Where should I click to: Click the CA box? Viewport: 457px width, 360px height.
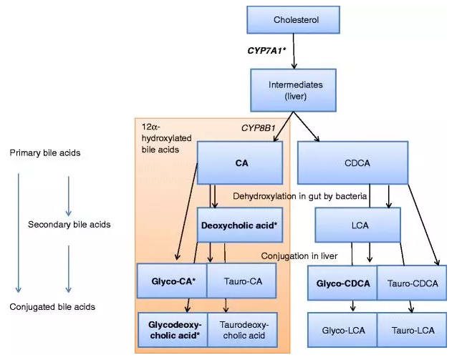tap(241, 162)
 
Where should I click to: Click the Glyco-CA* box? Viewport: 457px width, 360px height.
tap(172, 281)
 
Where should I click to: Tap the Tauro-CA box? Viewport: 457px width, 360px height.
tap(241, 281)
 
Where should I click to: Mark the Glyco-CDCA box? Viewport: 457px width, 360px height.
tap(342, 283)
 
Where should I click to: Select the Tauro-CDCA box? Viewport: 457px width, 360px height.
tap(410, 283)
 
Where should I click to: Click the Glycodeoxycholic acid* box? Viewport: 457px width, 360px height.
tap(172, 330)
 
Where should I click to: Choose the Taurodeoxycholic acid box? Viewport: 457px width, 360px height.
tap(241, 330)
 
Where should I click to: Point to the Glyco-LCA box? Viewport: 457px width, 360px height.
tap(342, 330)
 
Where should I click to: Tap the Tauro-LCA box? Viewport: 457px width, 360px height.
tap(410, 330)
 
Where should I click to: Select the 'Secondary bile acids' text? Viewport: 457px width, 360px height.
tap(69, 225)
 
